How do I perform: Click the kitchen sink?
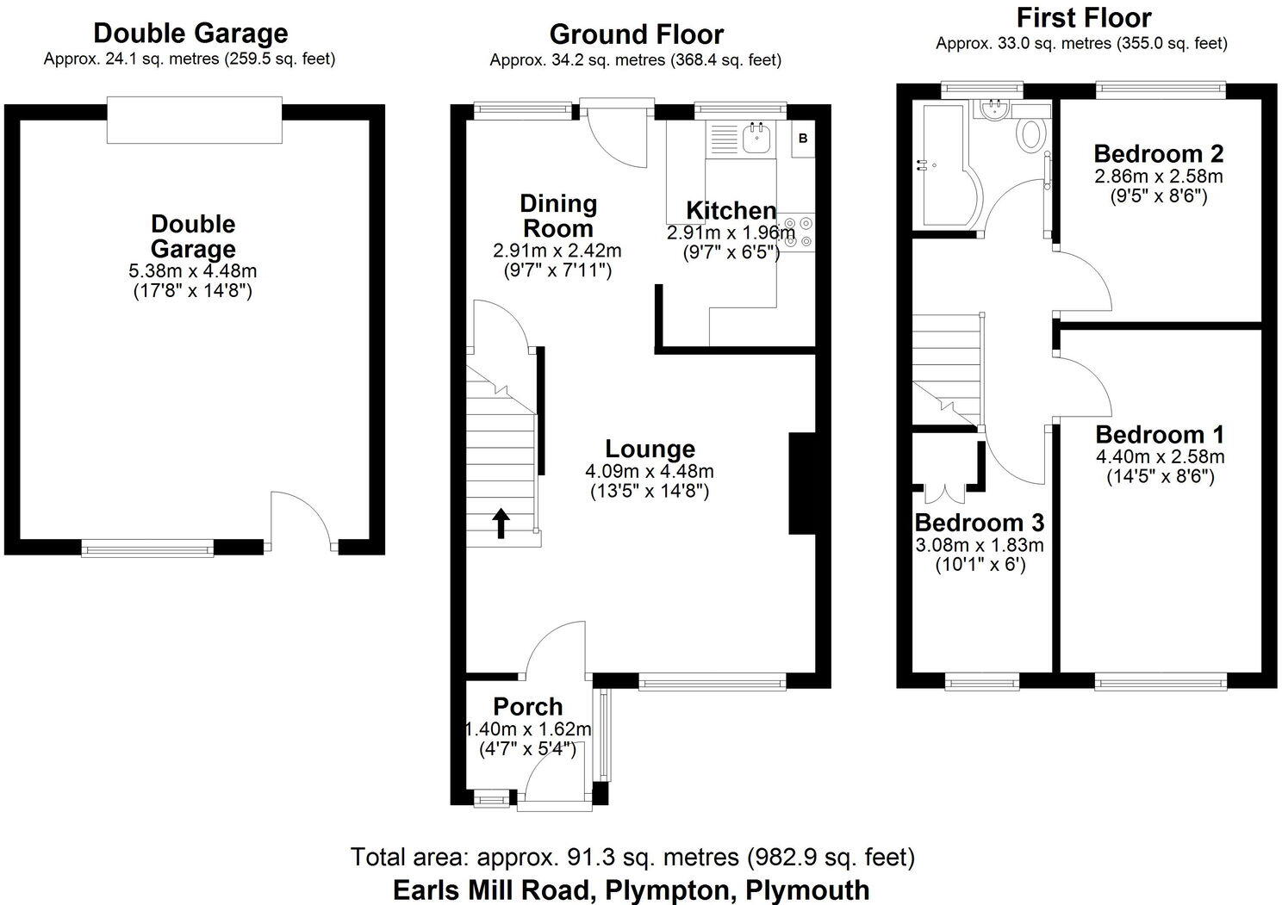[756, 138]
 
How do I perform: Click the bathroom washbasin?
[994, 109]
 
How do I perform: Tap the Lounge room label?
[650, 449]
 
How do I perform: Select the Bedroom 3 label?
[979, 523]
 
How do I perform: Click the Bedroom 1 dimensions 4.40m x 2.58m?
[1160, 456]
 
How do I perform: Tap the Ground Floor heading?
[636, 34]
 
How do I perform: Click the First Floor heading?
[1083, 18]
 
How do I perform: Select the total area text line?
[632, 857]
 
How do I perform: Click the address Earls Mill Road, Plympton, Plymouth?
[631, 889]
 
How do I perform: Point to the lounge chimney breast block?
[801, 484]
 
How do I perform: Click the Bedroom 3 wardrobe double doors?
[945, 492]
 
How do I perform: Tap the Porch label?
[528, 707]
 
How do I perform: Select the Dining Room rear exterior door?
[613, 133]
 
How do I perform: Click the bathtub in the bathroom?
[943, 165]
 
